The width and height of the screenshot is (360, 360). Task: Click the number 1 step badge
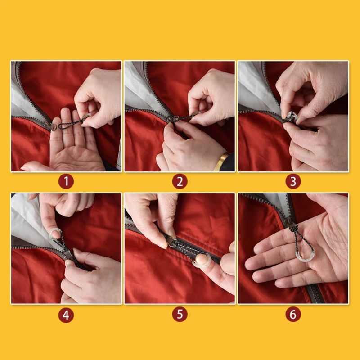pyautogui.click(x=66, y=181)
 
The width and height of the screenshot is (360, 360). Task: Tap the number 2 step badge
pyautogui.click(x=180, y=181)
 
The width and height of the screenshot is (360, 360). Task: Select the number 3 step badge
pyautogui.click(x=293, y=181)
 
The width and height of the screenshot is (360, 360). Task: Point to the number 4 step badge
pyautogui.click(x=66, y=315)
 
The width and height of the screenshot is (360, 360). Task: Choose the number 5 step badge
pyautogui.click(x=180, y=314)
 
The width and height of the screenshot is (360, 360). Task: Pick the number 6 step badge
pyautogui.click(x=293, y=314)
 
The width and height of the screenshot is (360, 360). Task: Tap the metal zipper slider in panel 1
pyautogui.click(x=50, y=125)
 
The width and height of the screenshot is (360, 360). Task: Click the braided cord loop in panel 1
pyautogui.click(x=71, y=123)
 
